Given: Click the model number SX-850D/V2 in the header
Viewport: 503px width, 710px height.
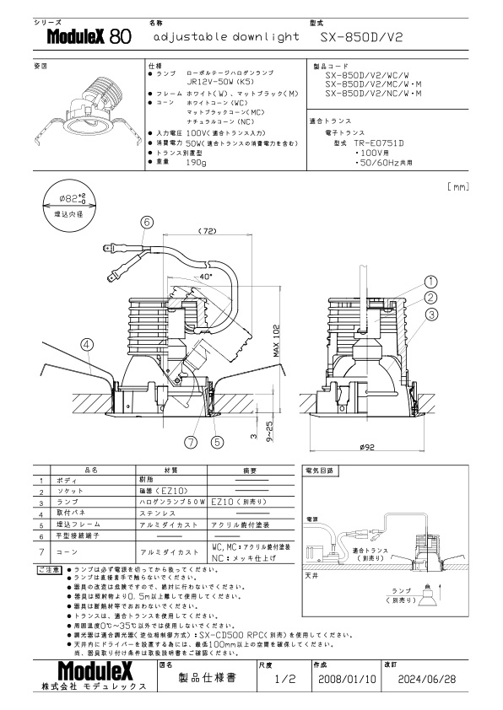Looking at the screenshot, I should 364,38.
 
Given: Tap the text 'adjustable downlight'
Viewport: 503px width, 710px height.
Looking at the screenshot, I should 227,38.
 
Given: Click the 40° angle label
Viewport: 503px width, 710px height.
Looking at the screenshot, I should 207,276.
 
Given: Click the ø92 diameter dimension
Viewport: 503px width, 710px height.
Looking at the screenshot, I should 366,447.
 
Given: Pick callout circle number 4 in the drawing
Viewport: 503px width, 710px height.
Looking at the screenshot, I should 87,343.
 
